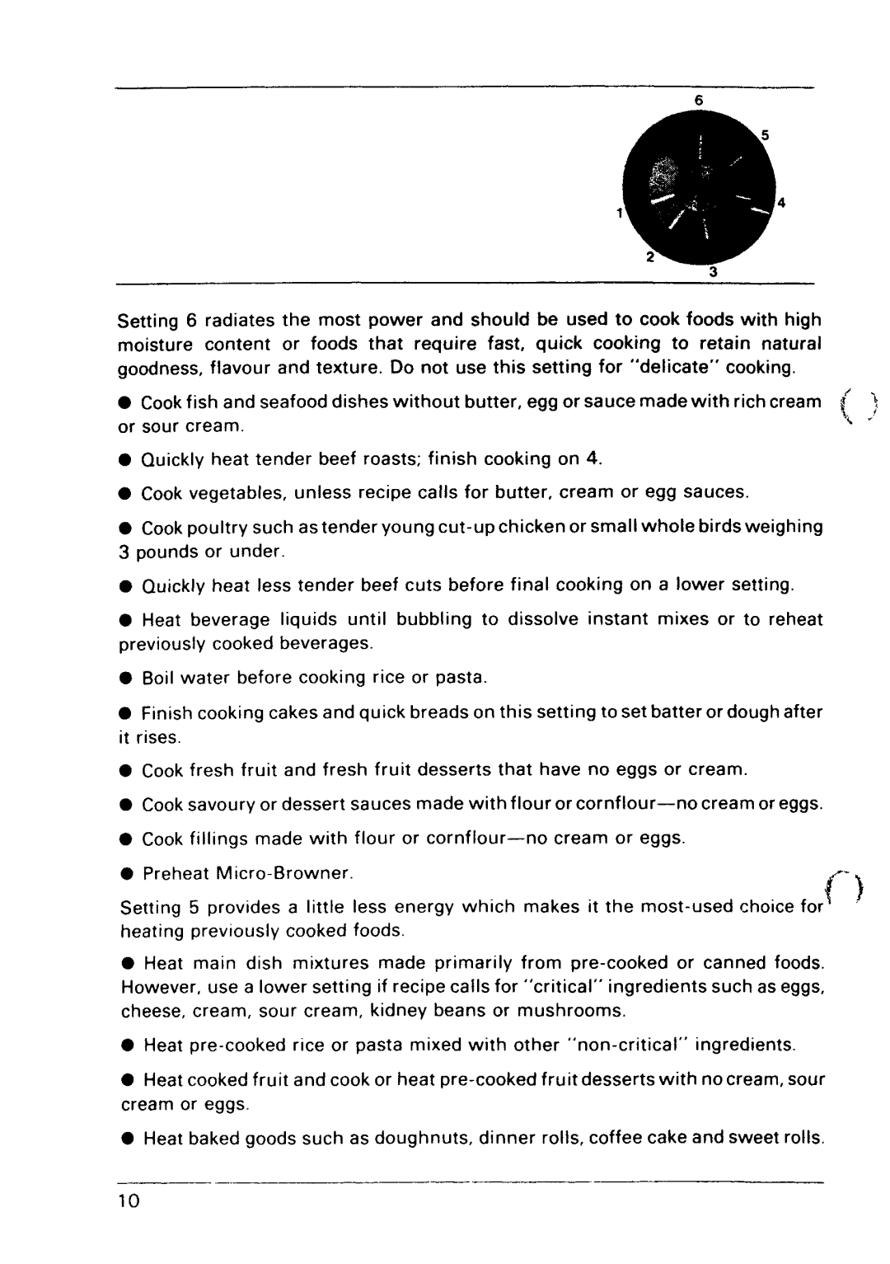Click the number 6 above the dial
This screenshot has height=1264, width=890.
[x=698, y=100]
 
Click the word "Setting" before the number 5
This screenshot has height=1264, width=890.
[x=150, y=908]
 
